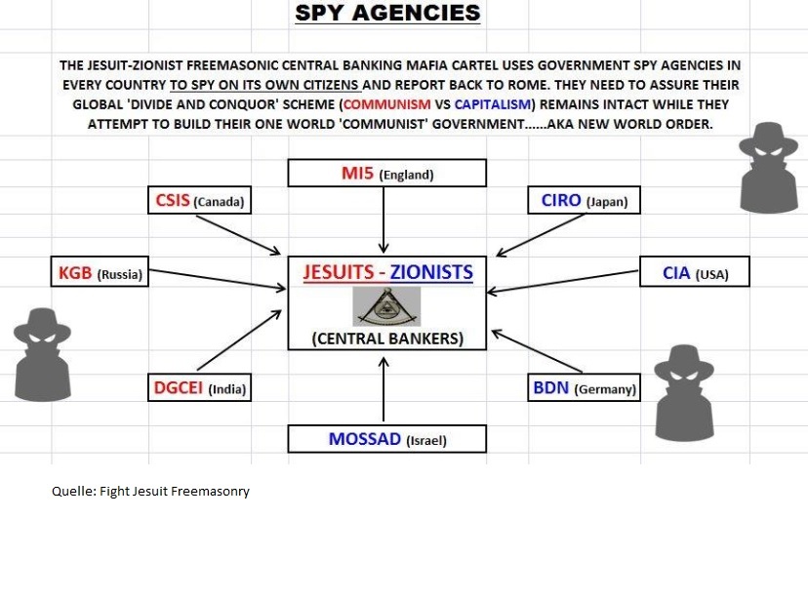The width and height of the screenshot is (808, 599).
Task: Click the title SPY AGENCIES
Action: [387, 14]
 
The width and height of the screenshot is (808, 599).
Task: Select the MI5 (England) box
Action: [386, 174]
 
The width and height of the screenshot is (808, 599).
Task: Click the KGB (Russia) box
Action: [98, 274]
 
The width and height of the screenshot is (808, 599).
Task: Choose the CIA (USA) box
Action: [695, 273]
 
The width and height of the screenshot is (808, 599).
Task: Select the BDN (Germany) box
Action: [584, 387]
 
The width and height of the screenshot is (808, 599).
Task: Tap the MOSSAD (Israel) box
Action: [386, 439]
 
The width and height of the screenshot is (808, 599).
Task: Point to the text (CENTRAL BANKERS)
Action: [387, 339]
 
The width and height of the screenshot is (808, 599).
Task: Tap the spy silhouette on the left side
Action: [42, 354]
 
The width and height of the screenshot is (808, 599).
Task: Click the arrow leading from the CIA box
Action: [561, 283]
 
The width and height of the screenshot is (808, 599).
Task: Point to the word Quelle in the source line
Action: [71, 491]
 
